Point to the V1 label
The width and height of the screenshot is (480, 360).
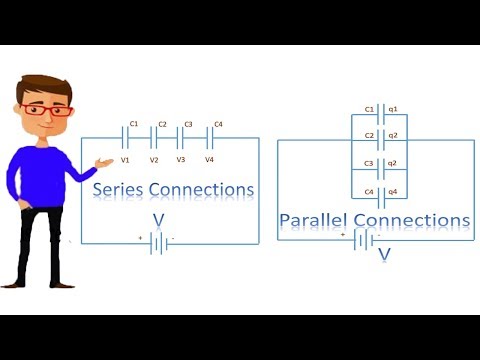coord(126,160)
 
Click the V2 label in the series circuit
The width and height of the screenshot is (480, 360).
coord(154,160)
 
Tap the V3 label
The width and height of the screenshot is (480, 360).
coord(181,160)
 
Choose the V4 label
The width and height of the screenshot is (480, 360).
coord(210,160)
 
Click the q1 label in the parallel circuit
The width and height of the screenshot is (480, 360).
coord(393,109)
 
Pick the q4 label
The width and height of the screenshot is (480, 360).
coord(393,191)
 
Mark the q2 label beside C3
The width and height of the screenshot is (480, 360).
coord(393,163)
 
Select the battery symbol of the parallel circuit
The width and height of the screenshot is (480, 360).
coord(364,239)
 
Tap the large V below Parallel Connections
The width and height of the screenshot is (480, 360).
coord(384,255)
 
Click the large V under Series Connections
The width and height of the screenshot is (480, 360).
coord(158,219)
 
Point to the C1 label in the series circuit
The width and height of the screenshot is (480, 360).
coord(133,125)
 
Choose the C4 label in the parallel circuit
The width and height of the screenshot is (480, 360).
coord(368,191)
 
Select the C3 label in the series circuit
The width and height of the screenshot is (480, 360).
coord(187,125)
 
